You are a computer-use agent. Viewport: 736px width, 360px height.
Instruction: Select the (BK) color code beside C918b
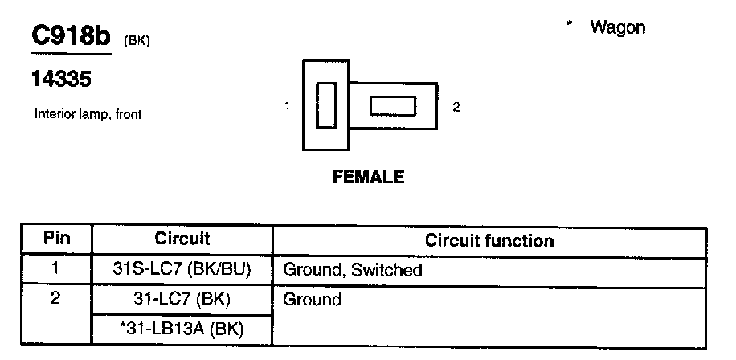[137, 42]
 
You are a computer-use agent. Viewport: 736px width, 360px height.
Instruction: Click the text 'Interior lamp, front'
[88, 114]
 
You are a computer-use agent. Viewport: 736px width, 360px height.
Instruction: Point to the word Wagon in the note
[617, 27]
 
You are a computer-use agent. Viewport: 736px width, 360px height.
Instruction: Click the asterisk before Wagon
[569, 25]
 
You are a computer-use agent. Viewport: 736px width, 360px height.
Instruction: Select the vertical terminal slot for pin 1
[325, 105]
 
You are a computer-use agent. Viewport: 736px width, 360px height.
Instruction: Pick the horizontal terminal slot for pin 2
[392, 106]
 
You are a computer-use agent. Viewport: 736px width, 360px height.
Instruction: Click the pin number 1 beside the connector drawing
[287, 106]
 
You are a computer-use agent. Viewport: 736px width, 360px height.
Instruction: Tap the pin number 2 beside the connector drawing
[456, 106]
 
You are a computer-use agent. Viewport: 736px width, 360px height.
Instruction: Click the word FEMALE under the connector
[368, 178]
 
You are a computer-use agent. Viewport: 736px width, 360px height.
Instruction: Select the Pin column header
[56, 239]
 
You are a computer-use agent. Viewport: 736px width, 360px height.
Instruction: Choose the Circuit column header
[182, 239]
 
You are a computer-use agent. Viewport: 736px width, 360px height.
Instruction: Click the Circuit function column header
[489, 240]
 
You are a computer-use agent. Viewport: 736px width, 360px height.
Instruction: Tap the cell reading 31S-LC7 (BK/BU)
[182, 270]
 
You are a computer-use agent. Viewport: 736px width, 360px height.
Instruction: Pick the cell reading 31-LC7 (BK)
[182, 300]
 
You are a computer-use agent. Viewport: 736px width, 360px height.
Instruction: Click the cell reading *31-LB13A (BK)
[182, 329]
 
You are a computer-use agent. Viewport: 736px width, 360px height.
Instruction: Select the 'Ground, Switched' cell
[353, 270]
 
